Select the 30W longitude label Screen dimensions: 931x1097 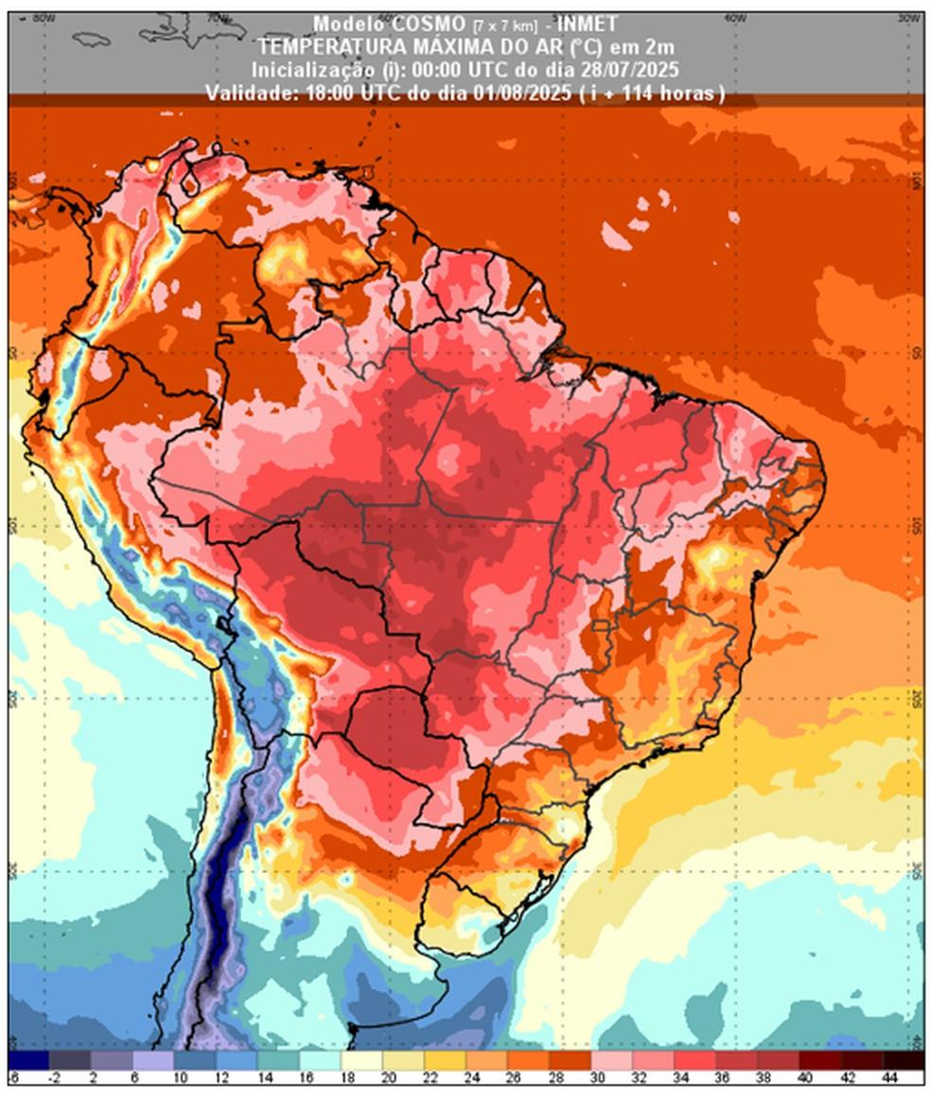pyautogui.click(x=909, y=17)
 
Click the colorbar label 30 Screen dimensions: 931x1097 pyautogui.click(x=599, y=1078)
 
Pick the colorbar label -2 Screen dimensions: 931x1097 pyautogui.click(x=57, y=1078)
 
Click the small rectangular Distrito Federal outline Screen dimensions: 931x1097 pyautogui.click(x=599, y=625)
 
